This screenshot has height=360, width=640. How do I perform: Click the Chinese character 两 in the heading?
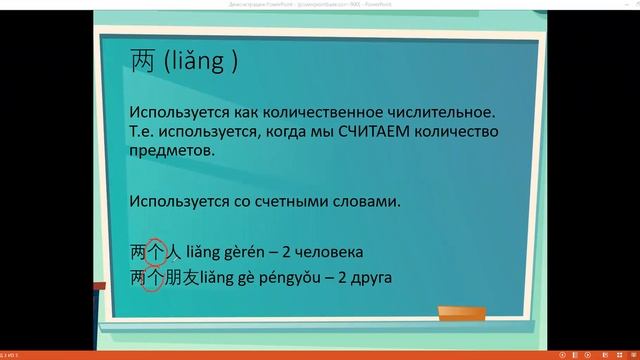click(143, 62)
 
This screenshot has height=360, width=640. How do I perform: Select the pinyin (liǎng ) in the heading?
click(198, 63)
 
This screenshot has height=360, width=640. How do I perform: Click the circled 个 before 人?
click(155, 251)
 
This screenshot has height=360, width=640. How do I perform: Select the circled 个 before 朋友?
click(155, 276)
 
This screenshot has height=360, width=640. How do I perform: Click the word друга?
click(369, 276)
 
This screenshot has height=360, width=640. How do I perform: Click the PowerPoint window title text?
click(319, 5)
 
